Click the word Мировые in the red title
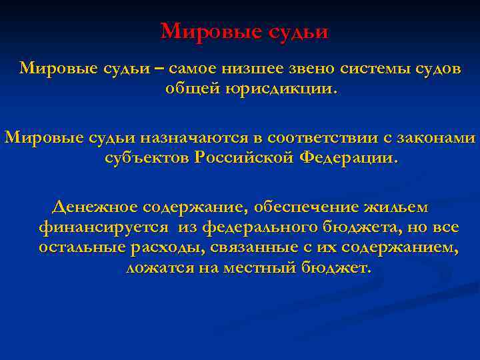click(203, 31)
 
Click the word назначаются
click(203, 138)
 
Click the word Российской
click(245, 158)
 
